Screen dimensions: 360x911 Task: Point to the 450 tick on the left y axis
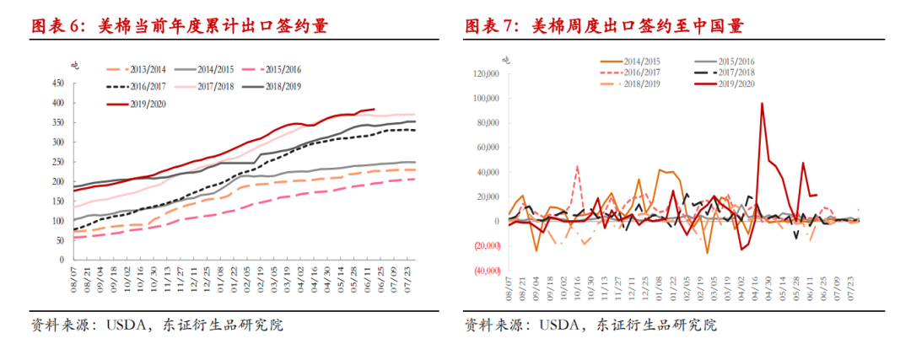(58, 83)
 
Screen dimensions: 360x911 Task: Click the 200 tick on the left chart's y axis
(58, 181)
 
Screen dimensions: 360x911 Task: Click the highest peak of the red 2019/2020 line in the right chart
(762, 104)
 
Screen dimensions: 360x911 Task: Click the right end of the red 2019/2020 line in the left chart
(375, 109)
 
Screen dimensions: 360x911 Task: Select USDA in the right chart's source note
(564, 325)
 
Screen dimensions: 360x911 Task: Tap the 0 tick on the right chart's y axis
(498, 222)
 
